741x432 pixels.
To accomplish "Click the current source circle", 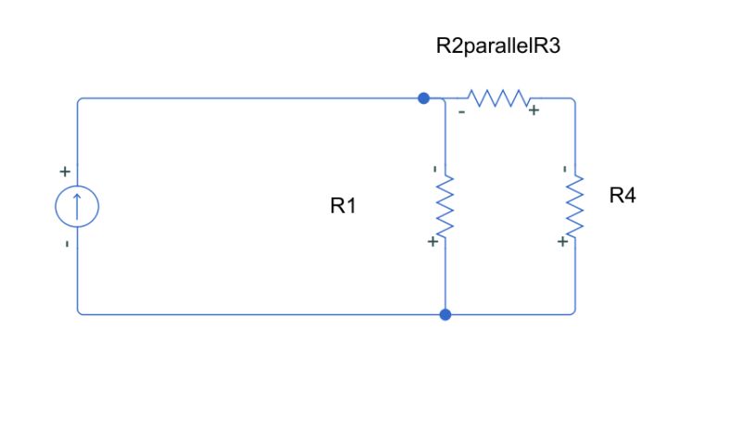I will coord(77,206).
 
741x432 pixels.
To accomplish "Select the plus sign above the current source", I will coord(65,172).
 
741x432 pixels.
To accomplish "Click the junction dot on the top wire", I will coord(423,97).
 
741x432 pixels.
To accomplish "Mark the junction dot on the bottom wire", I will coord(446,314).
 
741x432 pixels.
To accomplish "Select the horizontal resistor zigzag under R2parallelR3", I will coord(497,97).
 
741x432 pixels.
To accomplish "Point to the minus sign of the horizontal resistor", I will coord(461,112).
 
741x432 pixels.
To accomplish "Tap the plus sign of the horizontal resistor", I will coord(534,111).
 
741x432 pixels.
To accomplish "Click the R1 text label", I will coord(343,207).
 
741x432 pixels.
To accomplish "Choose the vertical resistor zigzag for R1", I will coord(446,205).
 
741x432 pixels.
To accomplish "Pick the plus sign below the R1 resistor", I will coord(433,242).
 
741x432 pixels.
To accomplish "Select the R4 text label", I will coord(622,196).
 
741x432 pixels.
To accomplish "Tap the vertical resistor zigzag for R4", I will coord(575,205).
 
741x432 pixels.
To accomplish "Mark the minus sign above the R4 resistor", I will coord(564,169).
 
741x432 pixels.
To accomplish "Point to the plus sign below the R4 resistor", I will coord(562,242).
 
